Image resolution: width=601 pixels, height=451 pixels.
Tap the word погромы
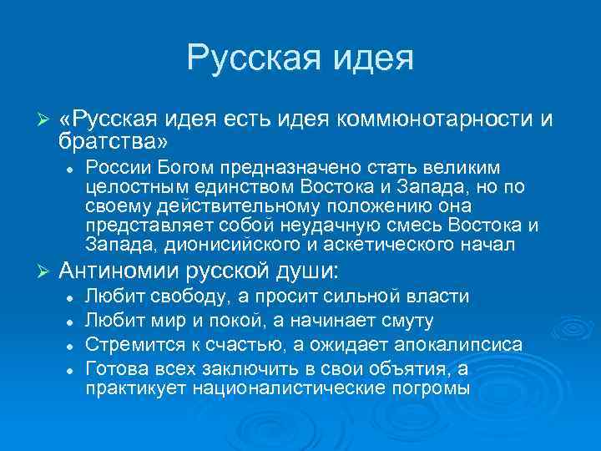(x=431, y=388)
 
